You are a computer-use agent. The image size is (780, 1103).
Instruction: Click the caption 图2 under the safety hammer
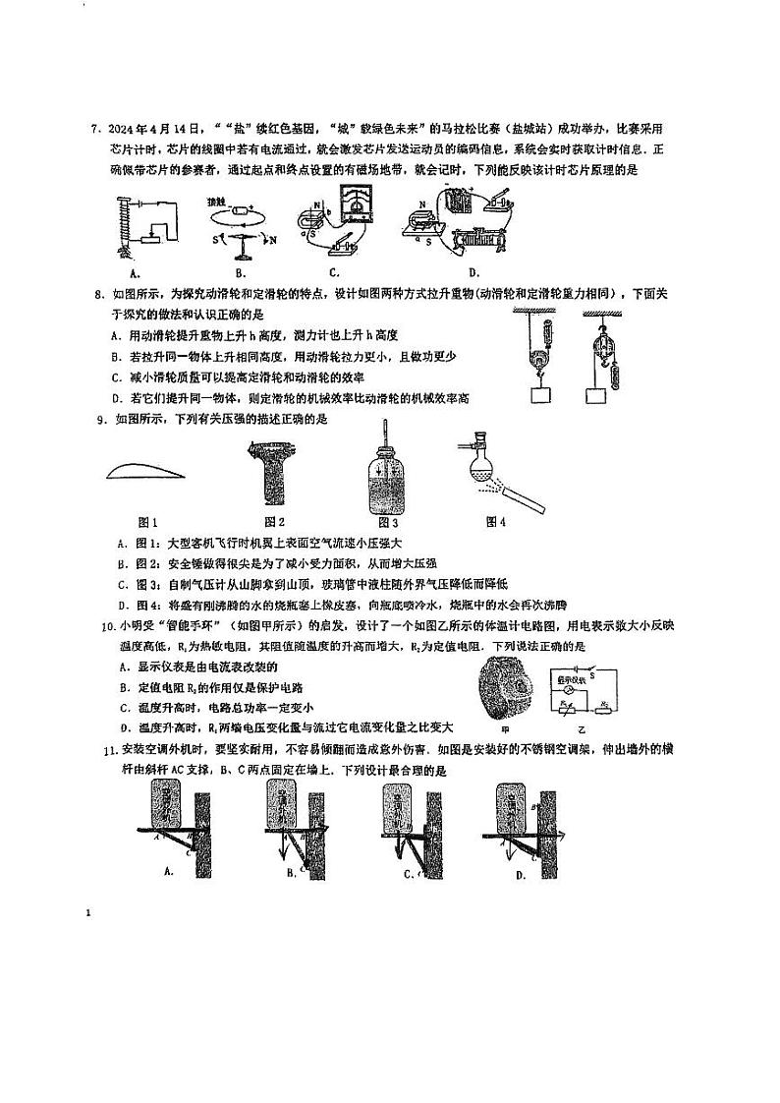point(274,521)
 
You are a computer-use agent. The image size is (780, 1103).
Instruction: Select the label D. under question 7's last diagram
point(474,272)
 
